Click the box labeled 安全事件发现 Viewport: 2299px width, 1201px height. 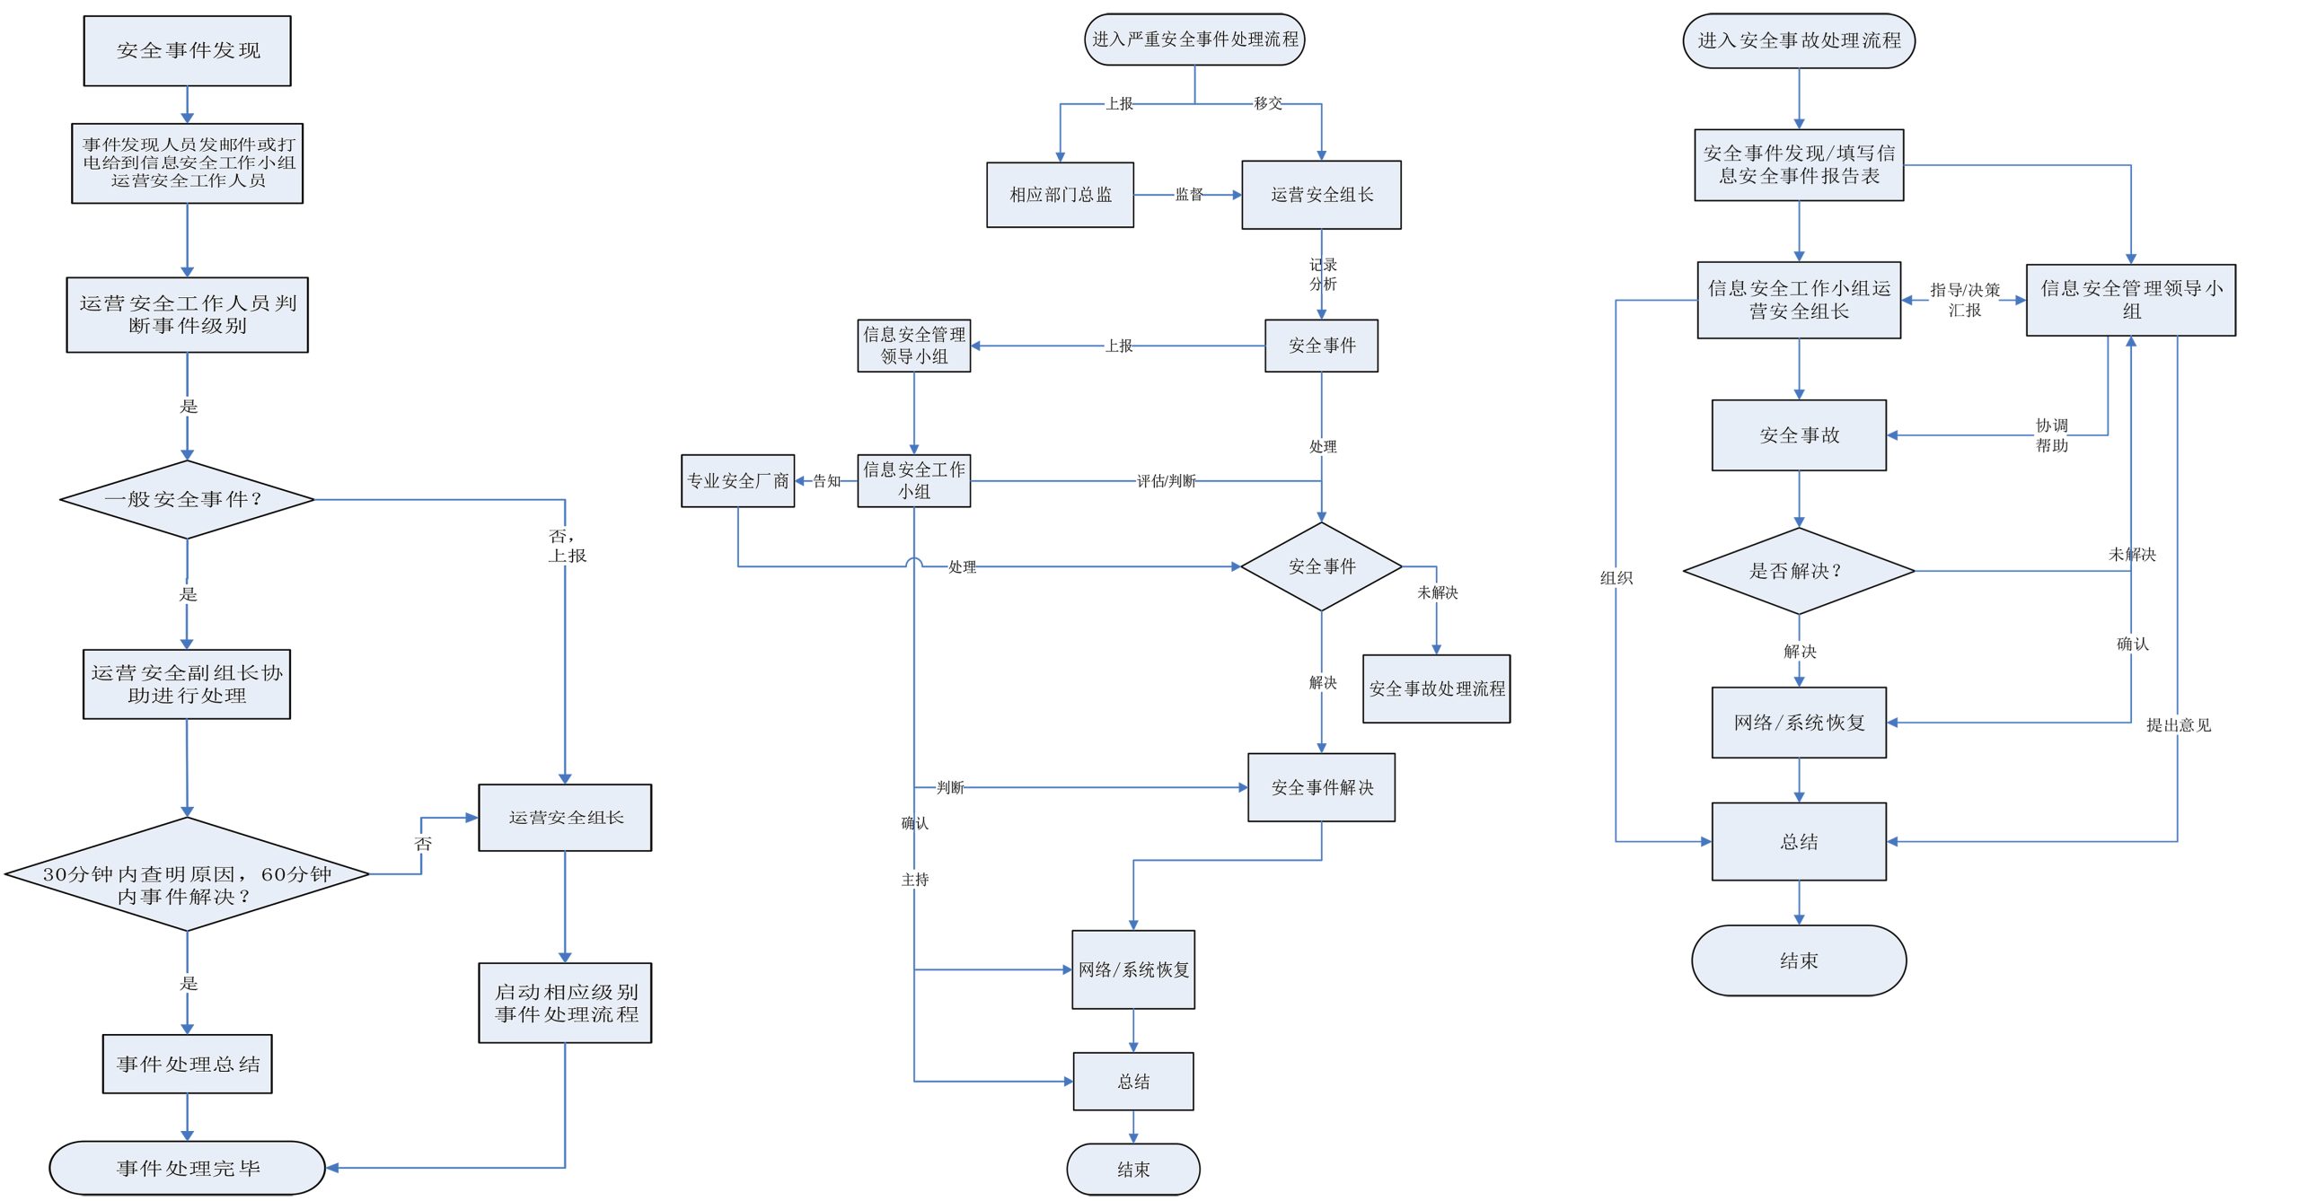pyautogui.click(x=187, y=51)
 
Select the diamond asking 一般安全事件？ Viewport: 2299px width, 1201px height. pyautogui.click(x=187, y=499)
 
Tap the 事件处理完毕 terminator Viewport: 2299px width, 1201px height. pyautogui.click(x=187, y=1168)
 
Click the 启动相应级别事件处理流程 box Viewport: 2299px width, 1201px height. pyautogui.click(x=565, y=1003)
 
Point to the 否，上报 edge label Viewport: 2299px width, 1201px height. pyautogui.click(x=566, y=546)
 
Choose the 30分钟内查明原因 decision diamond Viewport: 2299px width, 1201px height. pyautogui.click(x=187, y=874)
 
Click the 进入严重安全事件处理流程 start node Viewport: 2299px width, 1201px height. pyautogui.click(x=1194, y=39)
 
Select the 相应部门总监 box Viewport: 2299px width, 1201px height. pyautogui.click(x=1060, y=195)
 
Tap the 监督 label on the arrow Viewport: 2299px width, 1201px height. pyautogui.click(x=1189, y=195)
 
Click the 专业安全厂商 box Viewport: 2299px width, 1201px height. pyautogui.click(x=737, y=481)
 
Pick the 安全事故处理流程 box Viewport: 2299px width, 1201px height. pyautogui.click(x=1436, y=688)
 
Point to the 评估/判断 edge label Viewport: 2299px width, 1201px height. pyautogui.click(x=1166, y=481)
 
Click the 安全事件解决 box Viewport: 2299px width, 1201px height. pyautogui.click(x=1321, y=787)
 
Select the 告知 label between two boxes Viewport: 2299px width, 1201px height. pyautogui.click(x=826, y=481)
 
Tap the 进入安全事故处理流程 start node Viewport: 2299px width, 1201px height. pyautogui.click(x=1799, y=40)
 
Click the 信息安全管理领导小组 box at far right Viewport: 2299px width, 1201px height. pyautogui.click(x=2130, y=300)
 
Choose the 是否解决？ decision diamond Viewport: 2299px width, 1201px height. pyautogui.click(x=1798, y=571)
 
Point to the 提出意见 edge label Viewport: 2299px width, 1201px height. pyautogui.click(x=2178, y=725)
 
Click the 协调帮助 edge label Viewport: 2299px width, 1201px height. pyautogui.click(x=2051, y=435)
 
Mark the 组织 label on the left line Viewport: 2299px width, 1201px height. pyautogui.click(x=1616, y=578)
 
